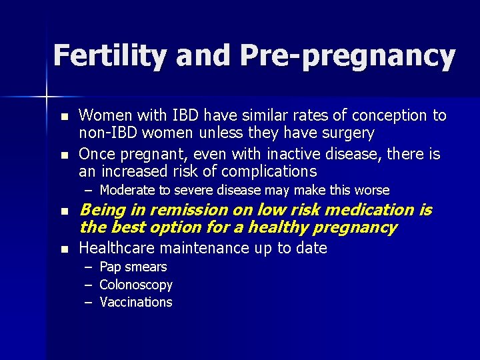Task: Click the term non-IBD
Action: pyautogui.click(x=106, y=133)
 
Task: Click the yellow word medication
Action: pyautogui.click(x=368, y=210)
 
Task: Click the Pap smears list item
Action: pyautogui.click(x=133, y=267)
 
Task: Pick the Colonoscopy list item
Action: pyautogui.click(x=136, y=285)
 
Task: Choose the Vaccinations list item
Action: pyautogui.click(x=136, y=302)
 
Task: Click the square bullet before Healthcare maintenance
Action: pyautogui.click(x=64, y=249)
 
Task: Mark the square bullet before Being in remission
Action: pyautogui.click(x=64, y=211)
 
